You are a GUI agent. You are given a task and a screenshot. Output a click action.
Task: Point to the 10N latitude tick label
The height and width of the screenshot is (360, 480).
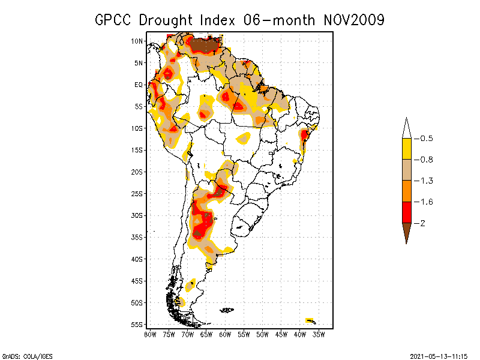tap(136, 41)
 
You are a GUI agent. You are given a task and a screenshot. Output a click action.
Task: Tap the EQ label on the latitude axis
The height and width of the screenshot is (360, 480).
tap(137, 85)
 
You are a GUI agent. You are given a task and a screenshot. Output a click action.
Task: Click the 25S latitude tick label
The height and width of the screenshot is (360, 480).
tap(136, 193)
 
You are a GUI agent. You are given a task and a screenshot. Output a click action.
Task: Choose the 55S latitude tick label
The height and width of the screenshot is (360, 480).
tap(136, 325)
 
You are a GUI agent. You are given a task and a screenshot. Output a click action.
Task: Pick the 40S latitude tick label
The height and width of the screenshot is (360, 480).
tap(136, 259)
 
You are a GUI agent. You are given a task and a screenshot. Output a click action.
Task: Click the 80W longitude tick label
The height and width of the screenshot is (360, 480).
tap(150, 334)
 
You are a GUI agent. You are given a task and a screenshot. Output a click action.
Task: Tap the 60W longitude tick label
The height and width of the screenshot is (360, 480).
tap(225, 334)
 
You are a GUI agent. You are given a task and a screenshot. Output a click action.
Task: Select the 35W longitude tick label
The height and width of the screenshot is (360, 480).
tap(319, 334)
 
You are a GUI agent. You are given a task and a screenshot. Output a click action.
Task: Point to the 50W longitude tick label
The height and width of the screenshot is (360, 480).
tap(263, 334)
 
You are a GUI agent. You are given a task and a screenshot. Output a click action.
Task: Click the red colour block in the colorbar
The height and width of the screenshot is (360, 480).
tap(406, 212)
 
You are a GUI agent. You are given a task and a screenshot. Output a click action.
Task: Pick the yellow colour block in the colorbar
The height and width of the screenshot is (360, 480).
tap(406, 149)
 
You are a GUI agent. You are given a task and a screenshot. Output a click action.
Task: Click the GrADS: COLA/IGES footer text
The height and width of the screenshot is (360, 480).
tap(22, 355)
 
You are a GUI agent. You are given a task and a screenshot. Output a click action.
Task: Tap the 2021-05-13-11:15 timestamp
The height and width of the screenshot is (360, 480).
tap(438, 355)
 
